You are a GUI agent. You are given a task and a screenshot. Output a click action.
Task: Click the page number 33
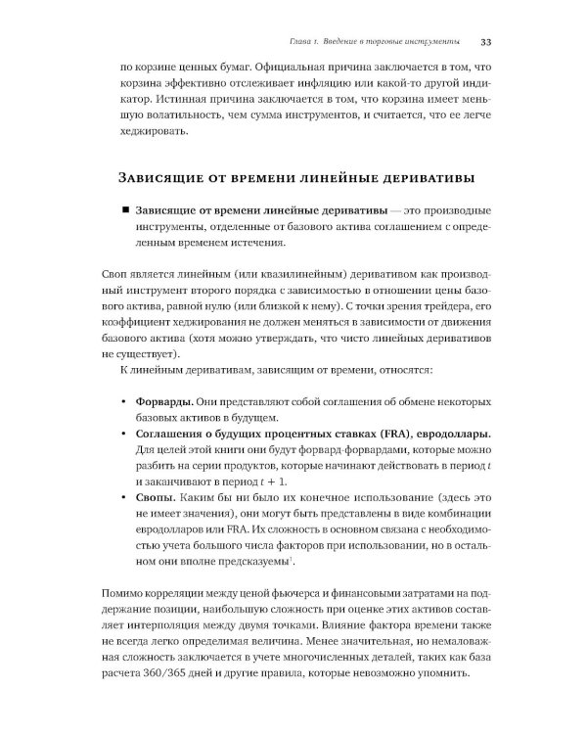pos(485,43)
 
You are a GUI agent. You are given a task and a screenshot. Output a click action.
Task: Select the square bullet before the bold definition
pos(125,212)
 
